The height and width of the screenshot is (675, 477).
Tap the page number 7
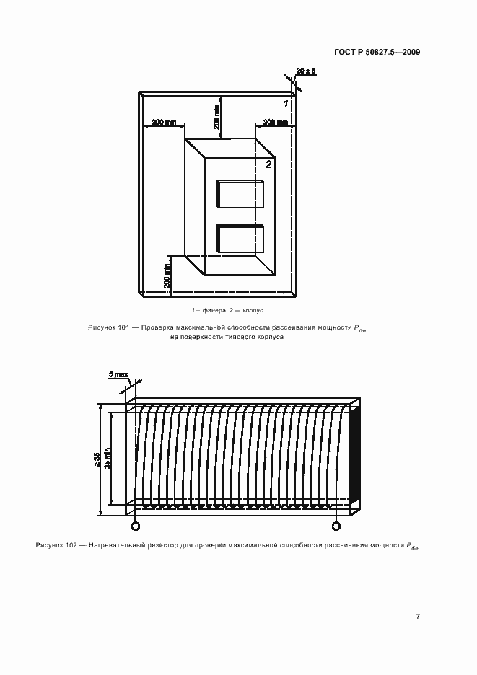(x=418, y=616)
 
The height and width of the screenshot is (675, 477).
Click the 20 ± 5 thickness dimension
(x=306, y=71)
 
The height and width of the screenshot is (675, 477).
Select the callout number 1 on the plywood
(x=286, y=104)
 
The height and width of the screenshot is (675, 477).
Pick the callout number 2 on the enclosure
(x=268, y=164)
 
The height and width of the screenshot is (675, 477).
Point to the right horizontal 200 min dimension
(x=275, y=123)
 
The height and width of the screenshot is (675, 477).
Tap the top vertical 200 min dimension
(x=216, y=117)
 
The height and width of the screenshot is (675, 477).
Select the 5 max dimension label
(x=118, y=375)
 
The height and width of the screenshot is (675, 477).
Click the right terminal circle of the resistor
(x=336, y=526)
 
